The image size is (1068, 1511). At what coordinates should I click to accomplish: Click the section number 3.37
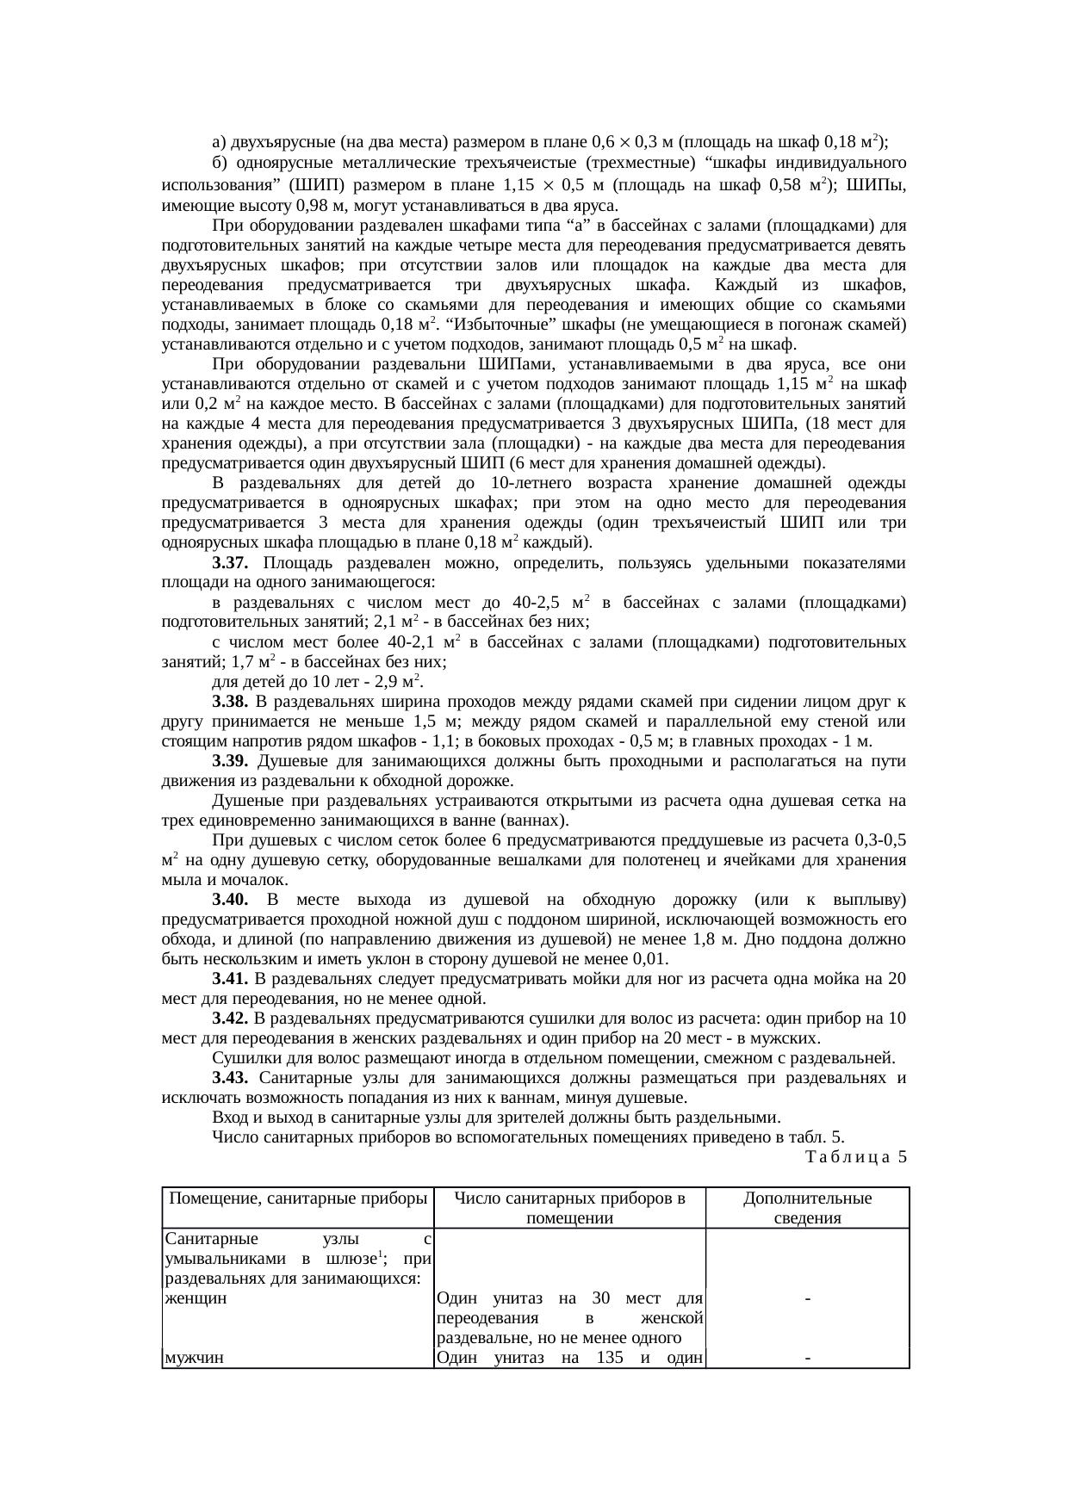coord(230,563)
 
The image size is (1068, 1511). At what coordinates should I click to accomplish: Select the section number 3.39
coord(230,761)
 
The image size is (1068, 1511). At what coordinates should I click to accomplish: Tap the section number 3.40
coord(230,900)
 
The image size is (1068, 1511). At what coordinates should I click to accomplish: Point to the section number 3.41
coord(230,979)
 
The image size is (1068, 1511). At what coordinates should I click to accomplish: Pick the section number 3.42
coord(230,1019)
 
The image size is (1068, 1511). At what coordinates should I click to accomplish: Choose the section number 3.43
coord(230,1078)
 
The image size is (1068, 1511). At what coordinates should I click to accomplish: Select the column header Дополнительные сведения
coord(807,1208)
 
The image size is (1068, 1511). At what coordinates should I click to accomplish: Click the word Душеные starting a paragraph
coord(243,801)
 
